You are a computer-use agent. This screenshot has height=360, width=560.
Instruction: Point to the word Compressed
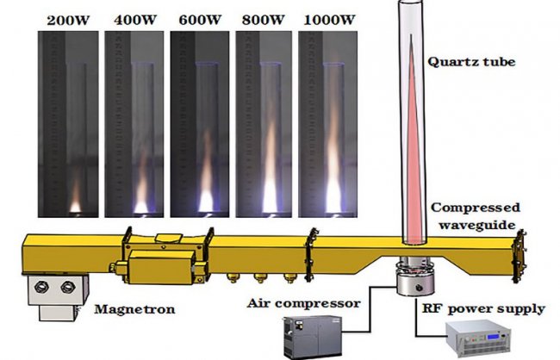[476, 208]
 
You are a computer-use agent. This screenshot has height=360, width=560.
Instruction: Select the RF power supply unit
[477, 338]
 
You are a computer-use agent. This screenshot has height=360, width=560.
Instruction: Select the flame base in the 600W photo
[205, 202]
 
